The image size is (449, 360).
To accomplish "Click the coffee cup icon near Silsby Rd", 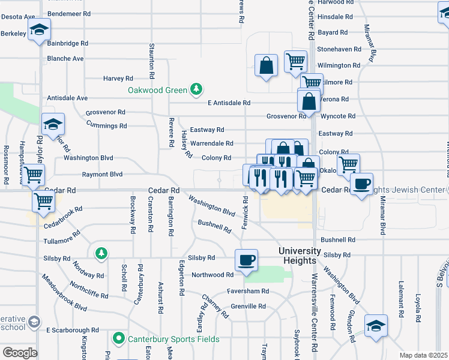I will point(246,260).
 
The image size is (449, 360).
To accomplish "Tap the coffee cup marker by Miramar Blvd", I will point(361,184).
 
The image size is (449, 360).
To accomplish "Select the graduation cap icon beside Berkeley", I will point(39,29).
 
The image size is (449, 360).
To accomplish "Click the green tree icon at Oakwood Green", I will point(196,90).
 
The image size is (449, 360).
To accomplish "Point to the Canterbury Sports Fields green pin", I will point(119,339).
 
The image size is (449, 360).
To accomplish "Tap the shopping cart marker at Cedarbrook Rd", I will point(44,203).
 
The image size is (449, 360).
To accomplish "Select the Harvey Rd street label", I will point(118,78).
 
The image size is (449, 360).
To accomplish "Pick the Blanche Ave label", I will point(65,59).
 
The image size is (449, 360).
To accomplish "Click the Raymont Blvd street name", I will point(102,175).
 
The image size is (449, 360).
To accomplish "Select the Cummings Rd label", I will point(106,126).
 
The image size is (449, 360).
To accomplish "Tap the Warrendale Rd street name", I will point(211,143).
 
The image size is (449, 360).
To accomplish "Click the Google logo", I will point(20,352).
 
